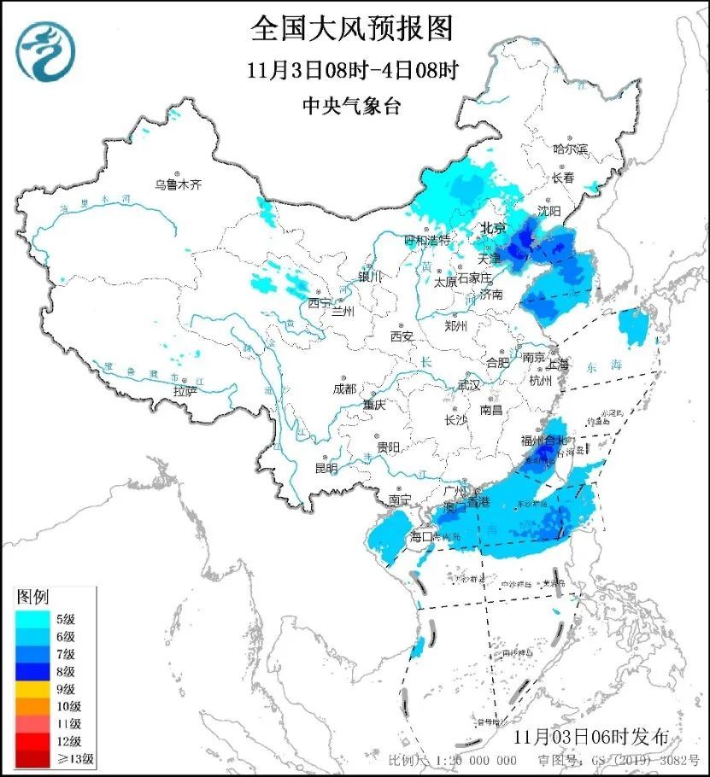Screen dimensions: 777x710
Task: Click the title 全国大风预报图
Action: (351, 27)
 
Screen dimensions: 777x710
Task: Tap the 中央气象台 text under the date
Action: (351, 106)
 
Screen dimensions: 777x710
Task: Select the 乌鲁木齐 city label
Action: (177, 184)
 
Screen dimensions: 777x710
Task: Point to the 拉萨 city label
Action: (185, 390)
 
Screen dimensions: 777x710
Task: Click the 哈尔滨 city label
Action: (571, 149)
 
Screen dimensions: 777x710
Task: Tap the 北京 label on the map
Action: (492, 229)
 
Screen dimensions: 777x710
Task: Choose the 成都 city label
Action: (345, 389)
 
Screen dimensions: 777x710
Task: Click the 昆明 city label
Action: (326, 468)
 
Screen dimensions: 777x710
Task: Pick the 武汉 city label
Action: (468, 386)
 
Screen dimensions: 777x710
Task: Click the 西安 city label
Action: (401, 336)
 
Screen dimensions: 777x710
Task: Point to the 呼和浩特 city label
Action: (426, 240)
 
